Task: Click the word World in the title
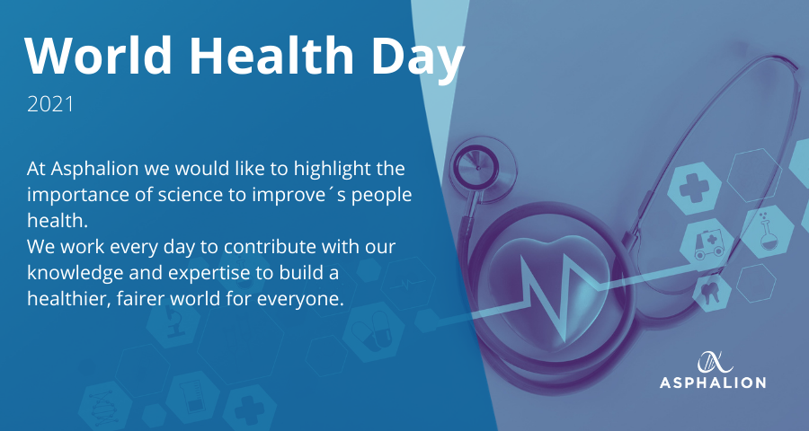98,56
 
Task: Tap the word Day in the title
418,59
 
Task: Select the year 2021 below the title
50,105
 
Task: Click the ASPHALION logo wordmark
713,383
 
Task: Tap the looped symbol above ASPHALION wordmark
716,363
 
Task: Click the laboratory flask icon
768,233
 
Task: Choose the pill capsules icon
373,329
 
